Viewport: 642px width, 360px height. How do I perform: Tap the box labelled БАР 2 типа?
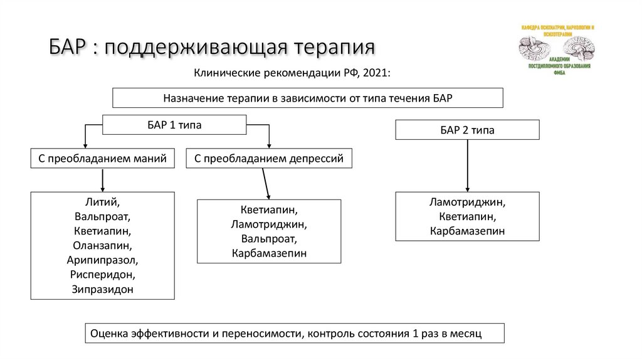click(467, 130)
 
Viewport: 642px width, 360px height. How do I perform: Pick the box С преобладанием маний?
click(102, 159)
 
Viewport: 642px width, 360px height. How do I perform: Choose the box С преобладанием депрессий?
click(269, 159)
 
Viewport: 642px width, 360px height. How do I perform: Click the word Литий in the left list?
click(102, 203)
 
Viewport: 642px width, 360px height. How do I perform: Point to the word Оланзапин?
click(102, 246)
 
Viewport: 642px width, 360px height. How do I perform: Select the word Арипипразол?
click(102, 260)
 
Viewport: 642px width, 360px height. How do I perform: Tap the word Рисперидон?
click(102, 275)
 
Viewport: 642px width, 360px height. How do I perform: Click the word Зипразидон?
click(102, 289)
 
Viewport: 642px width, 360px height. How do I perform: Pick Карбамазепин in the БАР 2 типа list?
click(467, 231)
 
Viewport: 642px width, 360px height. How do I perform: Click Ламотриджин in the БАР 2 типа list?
click(467, 203)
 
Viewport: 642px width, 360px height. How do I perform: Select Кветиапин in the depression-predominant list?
click(269, 209)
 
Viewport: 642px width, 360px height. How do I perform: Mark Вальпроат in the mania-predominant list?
click(102, 217)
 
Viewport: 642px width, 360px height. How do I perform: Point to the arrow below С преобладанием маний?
click(102, 180)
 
